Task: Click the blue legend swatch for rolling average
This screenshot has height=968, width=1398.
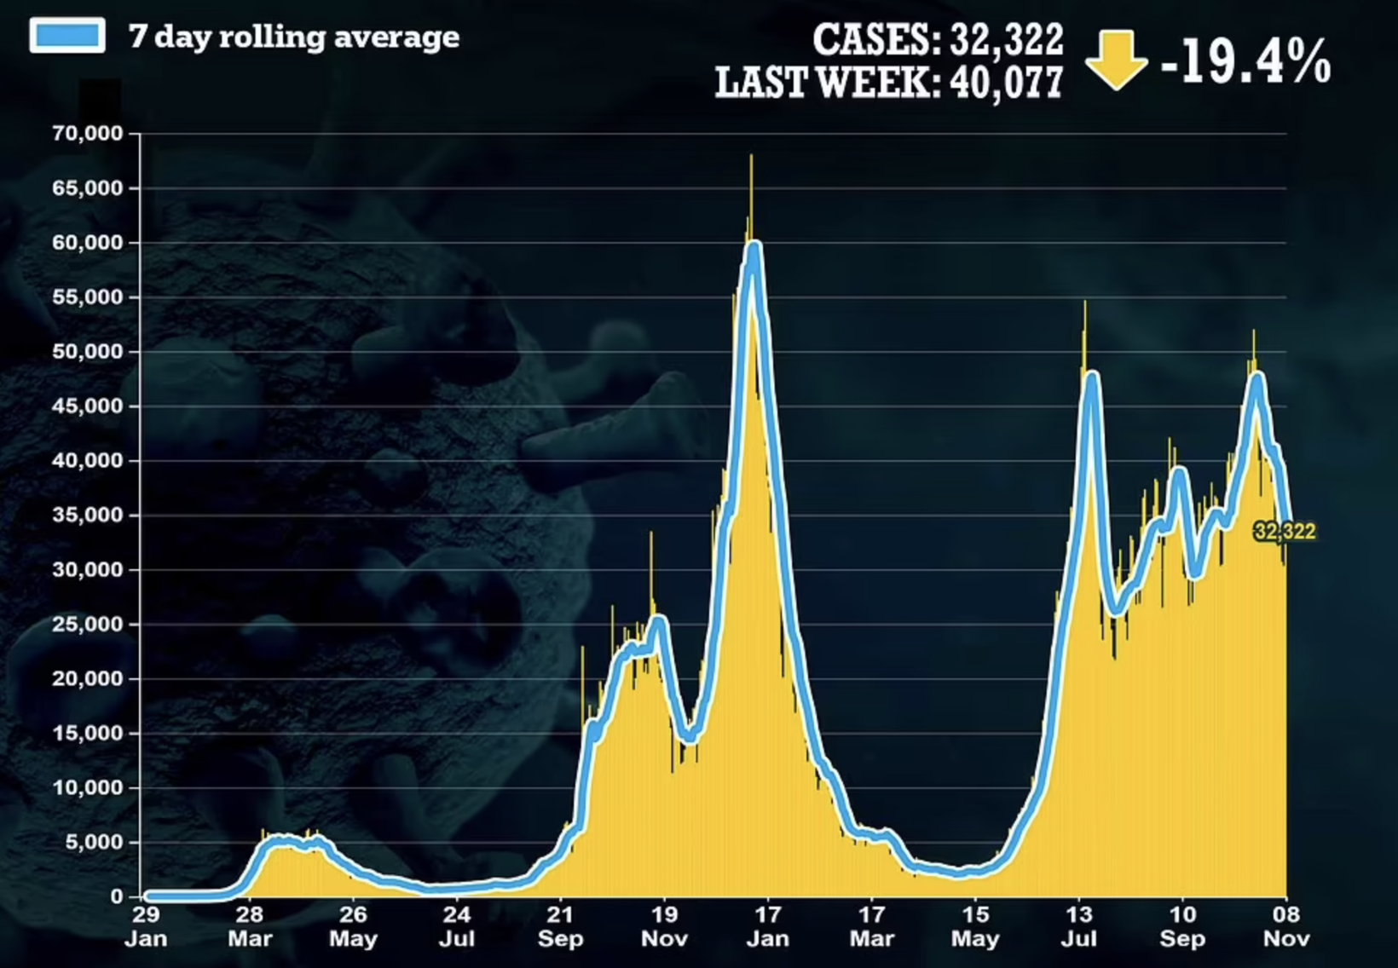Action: pos(67,36)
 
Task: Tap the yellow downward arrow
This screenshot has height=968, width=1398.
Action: pos(1116,60)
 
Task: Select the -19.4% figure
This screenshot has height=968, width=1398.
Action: pos(1245,61)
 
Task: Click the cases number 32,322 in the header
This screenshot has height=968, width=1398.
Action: pos(1007,38)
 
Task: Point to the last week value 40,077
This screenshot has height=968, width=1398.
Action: pos(1007,83)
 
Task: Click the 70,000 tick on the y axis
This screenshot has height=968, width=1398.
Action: pos(88,134)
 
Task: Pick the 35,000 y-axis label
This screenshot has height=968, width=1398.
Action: pos(88,515)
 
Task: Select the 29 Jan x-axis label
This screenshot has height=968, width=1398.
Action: pos(146,926)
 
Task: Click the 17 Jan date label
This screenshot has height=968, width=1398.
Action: pos(767,926)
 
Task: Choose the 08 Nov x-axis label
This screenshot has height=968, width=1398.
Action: pos(1285,926)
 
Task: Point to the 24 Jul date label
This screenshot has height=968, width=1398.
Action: pos(456,926)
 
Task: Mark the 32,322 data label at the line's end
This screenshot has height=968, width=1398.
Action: pos(1285,532)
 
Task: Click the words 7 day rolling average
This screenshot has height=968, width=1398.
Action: pos(294,37)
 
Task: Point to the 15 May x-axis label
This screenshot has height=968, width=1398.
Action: pos(975,926)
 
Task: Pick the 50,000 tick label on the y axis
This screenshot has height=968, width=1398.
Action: pos(88,351)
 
